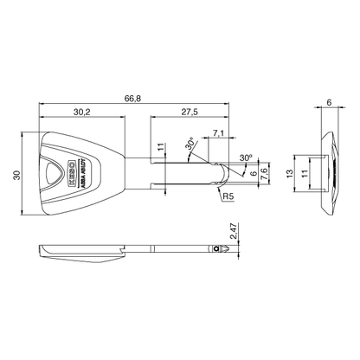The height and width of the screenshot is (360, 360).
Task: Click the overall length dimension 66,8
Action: [132, 99]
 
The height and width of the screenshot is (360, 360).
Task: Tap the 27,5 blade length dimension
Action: [190, 112]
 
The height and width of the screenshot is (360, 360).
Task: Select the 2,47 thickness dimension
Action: [233, 232]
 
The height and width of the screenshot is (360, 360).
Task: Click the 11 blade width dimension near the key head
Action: [160, 148]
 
